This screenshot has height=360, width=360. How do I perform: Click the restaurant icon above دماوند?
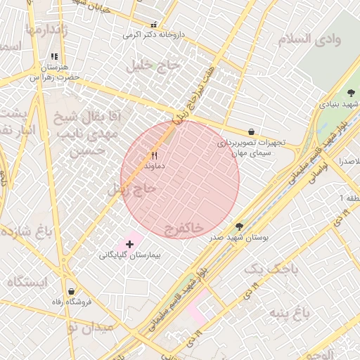click(x=155, y=155)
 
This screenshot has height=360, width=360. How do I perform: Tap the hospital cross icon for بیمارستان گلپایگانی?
click(x=129, y=243)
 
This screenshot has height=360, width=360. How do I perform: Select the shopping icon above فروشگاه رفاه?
click(x=71, y=291)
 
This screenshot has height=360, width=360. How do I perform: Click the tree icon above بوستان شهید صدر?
click(x=240, y=226)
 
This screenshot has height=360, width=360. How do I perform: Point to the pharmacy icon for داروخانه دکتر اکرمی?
click(x=155, y=25)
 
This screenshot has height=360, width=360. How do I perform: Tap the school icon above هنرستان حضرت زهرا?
click(x=54, y=57)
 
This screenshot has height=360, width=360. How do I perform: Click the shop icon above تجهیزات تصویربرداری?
click(x=251, y=131)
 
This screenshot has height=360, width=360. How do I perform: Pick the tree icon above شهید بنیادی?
click(x=352, y=93)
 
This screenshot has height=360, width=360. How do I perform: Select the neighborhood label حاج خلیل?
click(x=154, y=66)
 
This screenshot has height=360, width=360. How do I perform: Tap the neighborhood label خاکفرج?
click(x=184, y=229)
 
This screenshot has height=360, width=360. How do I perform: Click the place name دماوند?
click(x=154, y=167)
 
